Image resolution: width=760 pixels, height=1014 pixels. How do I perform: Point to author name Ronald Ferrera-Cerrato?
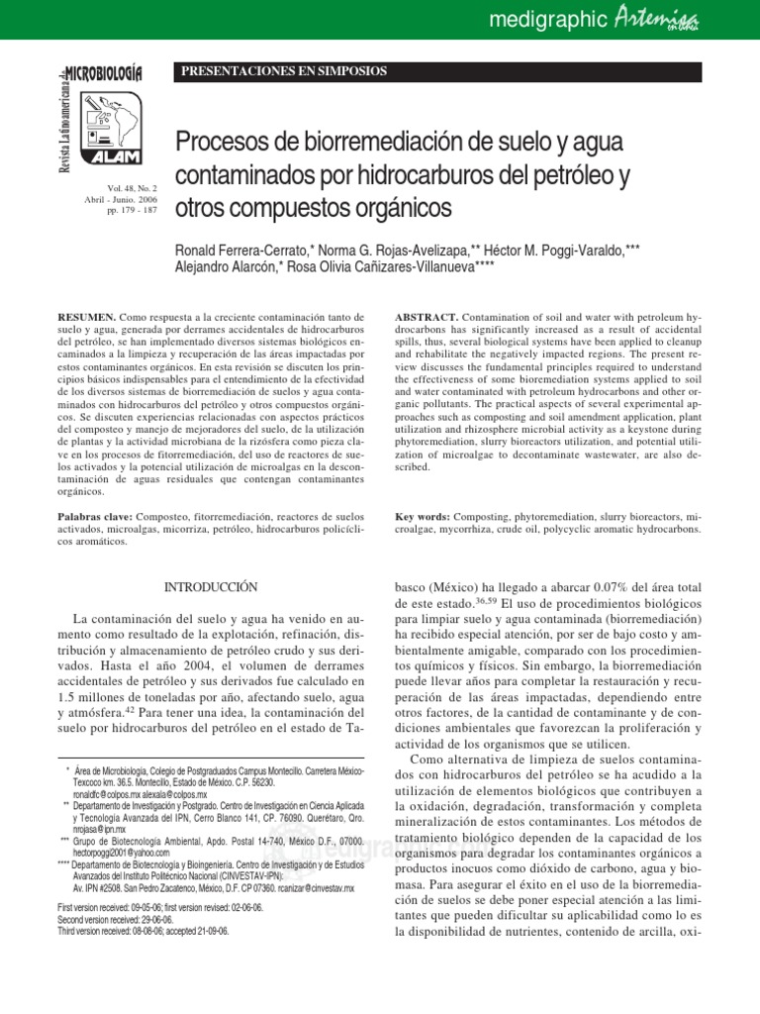point(245,248)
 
